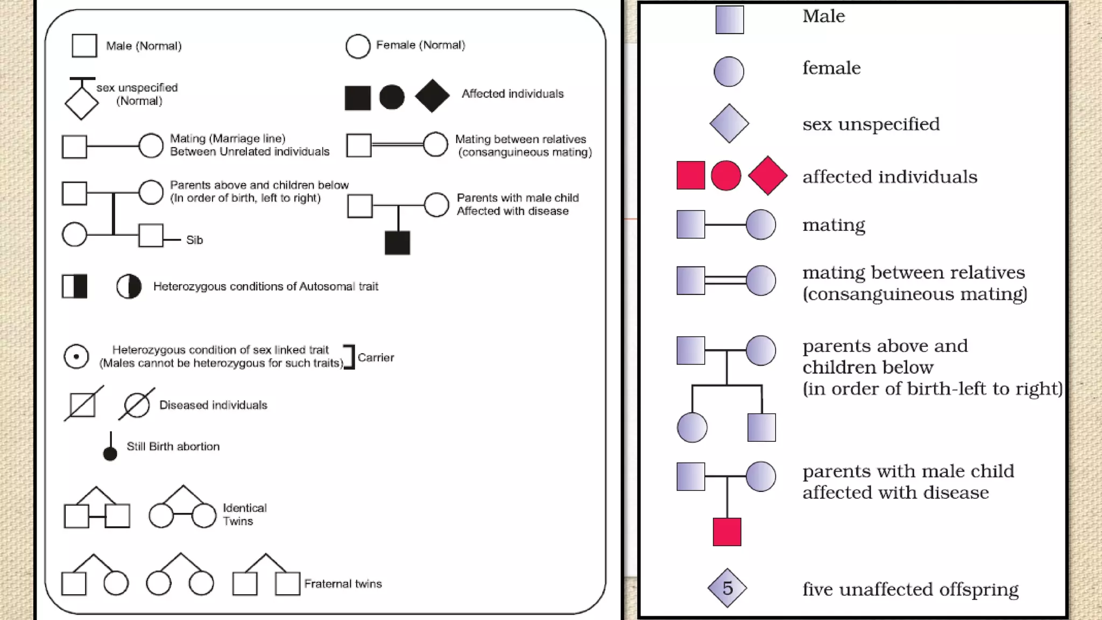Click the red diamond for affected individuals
click(x=767, y=175)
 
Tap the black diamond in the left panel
click(x=432, y=96)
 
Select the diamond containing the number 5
click(x=727, y=588)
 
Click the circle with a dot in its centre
click(x=76, y=356)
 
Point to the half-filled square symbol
click(x=74, y=286)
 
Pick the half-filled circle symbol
click(x=129, y=286)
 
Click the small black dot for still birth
click(x=110, y=454)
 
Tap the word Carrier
click(x=376, y=357)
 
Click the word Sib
click(x=194, y=240)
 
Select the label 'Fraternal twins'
click(x=343, y=584)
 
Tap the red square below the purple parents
click(x=727, y=532)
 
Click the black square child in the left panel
click(x=397, y=243)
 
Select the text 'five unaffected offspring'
click(x=910, y=589)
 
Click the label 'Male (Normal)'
click(x=144, y=46)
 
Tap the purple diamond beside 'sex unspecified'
click(x=729, y=123)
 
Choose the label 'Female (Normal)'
click(x=420, y=45)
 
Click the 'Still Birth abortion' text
click(x=173, y=447)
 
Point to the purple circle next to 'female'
click(x=729, y=72)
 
